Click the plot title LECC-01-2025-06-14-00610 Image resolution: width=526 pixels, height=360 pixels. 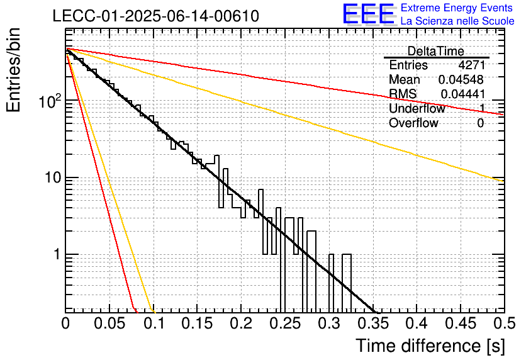156,16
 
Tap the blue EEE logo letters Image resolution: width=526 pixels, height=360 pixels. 368,14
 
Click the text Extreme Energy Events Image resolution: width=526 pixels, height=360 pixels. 457,8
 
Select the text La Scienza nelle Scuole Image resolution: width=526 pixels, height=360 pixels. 457,21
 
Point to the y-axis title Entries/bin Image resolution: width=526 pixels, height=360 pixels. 13,70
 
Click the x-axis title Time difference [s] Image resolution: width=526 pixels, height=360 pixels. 430,346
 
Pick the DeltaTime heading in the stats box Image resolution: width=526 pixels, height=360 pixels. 436,51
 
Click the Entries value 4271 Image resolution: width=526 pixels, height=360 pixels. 472,65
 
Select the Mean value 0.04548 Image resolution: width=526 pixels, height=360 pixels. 461,79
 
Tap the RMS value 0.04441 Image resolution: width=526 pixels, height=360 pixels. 463,94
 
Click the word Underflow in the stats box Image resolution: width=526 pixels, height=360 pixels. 417,108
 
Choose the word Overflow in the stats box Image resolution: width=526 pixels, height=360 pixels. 413,123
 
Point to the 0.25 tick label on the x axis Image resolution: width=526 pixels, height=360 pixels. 286,323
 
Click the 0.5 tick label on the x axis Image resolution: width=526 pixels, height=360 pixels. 505,323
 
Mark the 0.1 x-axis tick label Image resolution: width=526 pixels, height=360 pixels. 154,323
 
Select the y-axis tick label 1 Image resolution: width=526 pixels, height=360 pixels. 57,254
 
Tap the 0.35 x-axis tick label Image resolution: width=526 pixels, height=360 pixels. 373,323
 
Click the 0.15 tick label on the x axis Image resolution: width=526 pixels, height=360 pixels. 198,323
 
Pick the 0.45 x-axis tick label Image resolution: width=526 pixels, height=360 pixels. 461,323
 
